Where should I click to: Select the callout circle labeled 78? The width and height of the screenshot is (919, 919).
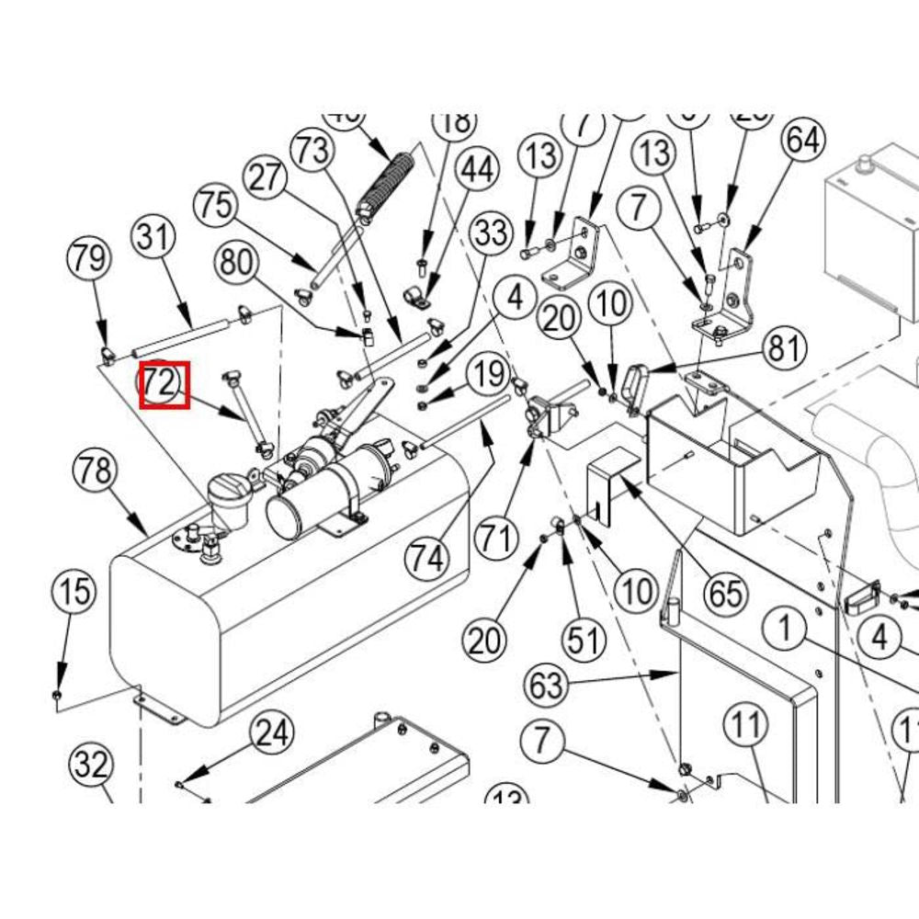96,471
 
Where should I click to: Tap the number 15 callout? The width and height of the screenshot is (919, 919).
77,591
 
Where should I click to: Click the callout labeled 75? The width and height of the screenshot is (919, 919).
217,205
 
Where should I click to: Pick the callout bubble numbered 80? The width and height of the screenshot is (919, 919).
237,264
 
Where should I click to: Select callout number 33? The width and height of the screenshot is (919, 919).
491,233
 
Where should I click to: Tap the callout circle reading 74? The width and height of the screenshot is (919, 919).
427,557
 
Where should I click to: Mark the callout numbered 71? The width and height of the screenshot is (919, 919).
496,536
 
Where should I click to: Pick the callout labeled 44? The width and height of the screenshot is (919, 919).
477,170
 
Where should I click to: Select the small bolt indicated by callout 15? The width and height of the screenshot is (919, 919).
57,696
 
